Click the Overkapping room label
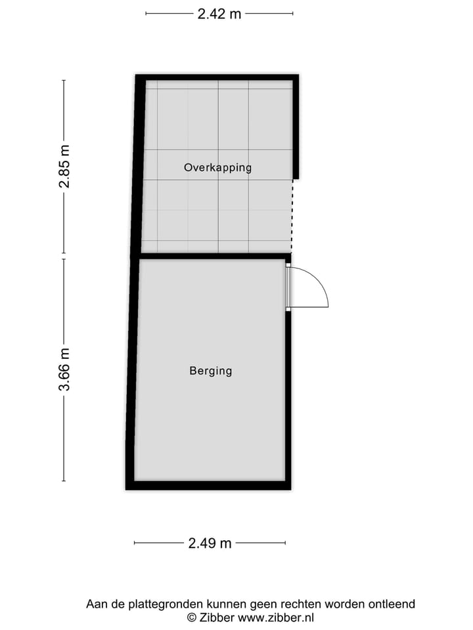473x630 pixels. coord(217,167)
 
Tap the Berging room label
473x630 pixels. coord(211,371)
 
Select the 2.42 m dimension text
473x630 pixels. coord(219,13)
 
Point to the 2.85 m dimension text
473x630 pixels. coord(64,167)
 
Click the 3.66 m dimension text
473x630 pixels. coord(64,369)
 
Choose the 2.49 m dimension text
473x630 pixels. coord(210,543)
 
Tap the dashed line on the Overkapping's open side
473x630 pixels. coord(293,215)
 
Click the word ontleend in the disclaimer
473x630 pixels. coord(392,604)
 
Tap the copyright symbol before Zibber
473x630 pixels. coord(192,618)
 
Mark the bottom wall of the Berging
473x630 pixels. coord(208,486)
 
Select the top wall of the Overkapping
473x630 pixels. coord(217,77)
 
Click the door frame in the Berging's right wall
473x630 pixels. coord(288,287)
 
